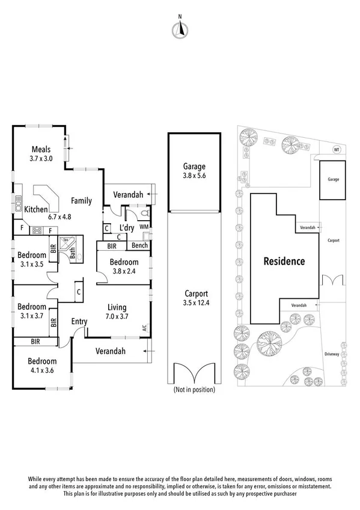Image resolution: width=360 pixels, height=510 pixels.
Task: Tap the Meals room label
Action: point(41,150)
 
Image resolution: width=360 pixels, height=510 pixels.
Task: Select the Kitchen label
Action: point(36,210)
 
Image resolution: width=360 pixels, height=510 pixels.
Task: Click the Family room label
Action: point(81,200)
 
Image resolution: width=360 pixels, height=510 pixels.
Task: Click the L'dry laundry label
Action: point(126,228)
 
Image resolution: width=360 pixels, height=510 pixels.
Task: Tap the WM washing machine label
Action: point(144,227)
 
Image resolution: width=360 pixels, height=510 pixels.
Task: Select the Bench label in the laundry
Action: point(140,246)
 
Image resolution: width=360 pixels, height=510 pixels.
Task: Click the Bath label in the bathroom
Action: point(72,254)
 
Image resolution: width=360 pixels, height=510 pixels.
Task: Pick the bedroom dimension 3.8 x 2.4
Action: point(124,271)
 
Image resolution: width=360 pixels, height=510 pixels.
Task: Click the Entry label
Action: point(80,322)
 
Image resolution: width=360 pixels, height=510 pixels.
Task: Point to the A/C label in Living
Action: point(144,328)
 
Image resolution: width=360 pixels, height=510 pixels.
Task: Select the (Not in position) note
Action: point(194,389)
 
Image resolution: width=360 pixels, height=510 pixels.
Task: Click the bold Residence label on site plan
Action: point(284,262)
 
